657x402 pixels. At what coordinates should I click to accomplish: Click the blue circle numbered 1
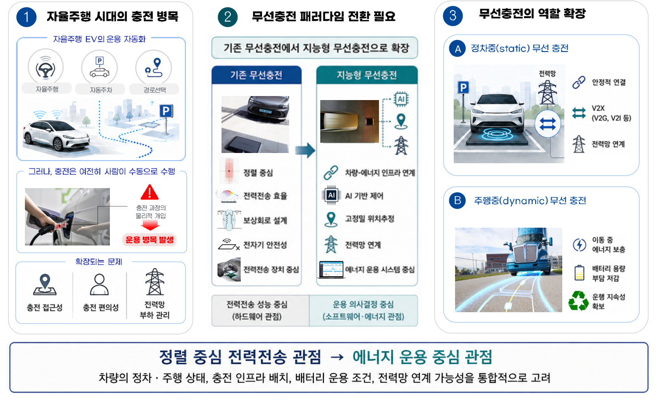point(26,17)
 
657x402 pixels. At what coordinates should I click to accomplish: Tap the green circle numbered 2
point(228,17)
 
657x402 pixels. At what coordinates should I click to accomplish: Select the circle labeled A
point(457,48)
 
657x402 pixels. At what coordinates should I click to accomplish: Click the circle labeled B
point(457,201)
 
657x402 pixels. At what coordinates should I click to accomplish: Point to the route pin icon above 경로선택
point(154,68)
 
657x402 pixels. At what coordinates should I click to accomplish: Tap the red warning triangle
point(149,192)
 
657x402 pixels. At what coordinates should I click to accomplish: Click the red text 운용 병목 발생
point(149,240)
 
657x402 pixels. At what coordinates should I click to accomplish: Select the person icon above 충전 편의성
point(99,284)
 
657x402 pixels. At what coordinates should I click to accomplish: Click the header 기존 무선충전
point(256,75)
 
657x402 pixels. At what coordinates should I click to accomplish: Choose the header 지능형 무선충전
point(367,75)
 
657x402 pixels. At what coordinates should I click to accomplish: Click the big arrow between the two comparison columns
point(305,150)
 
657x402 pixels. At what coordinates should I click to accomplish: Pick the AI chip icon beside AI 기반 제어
point(331,195)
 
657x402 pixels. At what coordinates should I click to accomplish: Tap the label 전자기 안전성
point(265,245)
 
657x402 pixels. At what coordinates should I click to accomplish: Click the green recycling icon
point(578,301)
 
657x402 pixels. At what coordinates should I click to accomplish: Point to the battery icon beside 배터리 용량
point(579,273)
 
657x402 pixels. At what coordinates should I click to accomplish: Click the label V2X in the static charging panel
point(598,108)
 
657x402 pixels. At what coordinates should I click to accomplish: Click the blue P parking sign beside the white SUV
point(463,87)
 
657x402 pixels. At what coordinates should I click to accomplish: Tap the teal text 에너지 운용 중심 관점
point(422,357)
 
